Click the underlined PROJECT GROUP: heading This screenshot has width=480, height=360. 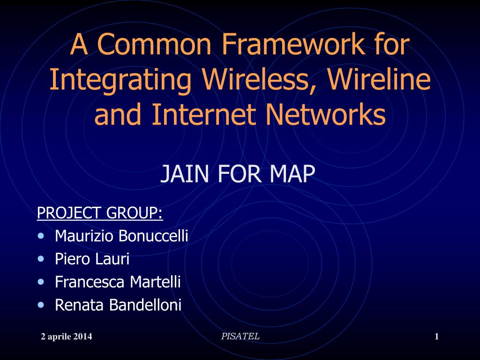pyautogui.click(x=100, y=213)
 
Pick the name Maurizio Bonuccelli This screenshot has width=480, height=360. pyautogui.click(x=121, y=236)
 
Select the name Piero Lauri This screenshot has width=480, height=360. pyautogui.click(x=92, y=259)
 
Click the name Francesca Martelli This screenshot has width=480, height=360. pyautogui.click(x=118, y=282)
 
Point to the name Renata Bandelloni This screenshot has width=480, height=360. pyautogui.click(x=118, y=306)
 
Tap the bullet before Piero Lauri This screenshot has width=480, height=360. pyautogui.click(x=43, y=258)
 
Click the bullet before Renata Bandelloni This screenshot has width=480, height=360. pyautogui.click(x=43, y=305)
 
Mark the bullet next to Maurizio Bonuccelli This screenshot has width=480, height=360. pyautogui.click(x=43, y=235)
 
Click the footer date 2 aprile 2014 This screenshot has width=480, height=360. pyautogui.click(x=67, y=337)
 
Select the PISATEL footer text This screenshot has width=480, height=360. pyautogui.click(x=240, y=336)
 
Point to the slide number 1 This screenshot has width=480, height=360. pyautogui.click(x=436, y=337)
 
